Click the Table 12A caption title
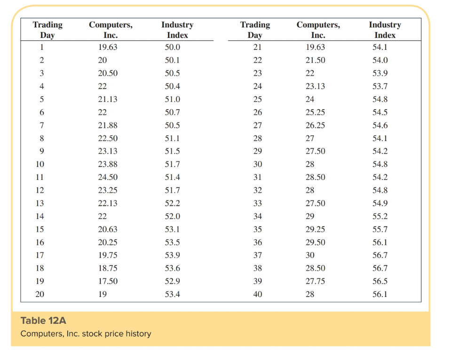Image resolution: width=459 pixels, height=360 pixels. point(43,321)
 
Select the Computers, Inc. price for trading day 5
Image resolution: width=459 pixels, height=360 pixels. point(108,99)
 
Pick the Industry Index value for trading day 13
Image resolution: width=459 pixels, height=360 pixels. point(173,203)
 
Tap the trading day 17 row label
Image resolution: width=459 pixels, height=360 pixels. point(40,255)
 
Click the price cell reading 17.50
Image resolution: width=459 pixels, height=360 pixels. point(108,281)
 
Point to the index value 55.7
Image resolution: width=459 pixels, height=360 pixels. point(380,229)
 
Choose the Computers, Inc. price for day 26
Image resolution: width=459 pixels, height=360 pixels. point(315,112)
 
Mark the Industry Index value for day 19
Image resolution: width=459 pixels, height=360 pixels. point(173,281)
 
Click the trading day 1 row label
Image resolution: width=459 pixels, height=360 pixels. point(42,47)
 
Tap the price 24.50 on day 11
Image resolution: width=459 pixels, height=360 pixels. point(108,177)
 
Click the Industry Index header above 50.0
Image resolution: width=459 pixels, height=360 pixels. point(177,30)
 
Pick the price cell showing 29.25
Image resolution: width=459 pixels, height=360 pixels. point(315,229)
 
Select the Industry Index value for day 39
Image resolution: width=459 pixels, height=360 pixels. point(380,281)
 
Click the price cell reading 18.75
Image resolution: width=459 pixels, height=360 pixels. point(108,268)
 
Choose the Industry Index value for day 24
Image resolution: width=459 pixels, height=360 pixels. point(380,86)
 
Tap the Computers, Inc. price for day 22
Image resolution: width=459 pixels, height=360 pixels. point(315,60)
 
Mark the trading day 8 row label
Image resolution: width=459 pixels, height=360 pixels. point(42,138)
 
